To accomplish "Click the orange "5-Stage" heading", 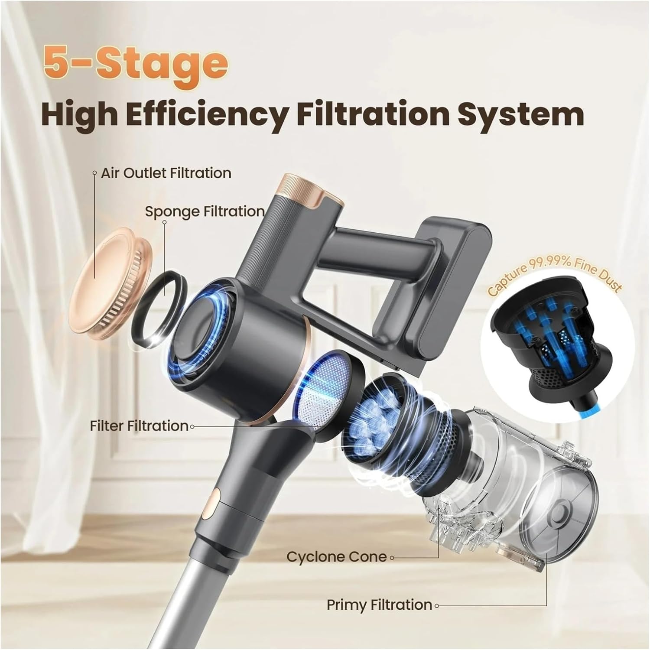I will point(135,63).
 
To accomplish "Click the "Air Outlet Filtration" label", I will point(166,173).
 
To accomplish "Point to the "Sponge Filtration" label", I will point(205,212).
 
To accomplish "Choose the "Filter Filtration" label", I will point(139,426).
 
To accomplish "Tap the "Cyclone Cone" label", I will point(337,556).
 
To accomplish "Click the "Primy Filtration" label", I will point(379,604).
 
